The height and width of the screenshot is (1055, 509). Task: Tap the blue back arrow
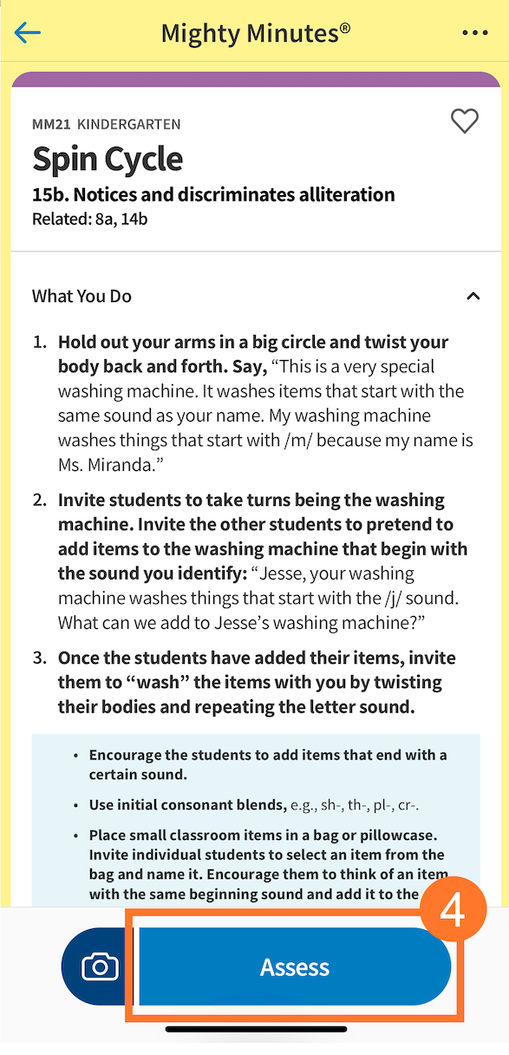point(28,33)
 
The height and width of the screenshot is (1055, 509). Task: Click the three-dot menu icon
point(474,33)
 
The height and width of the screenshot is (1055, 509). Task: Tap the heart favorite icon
point(465,121)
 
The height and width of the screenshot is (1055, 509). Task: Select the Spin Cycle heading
point(108,160)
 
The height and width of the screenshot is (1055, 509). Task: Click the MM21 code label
point(51,125)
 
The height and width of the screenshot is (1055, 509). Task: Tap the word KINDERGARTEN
point(129,125)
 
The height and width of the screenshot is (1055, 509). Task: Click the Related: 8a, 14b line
point(89,219)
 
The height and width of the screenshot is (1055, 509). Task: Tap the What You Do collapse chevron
point(473,297)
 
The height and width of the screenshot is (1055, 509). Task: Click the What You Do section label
point(82,297)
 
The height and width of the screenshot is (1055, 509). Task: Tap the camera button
point(99,967)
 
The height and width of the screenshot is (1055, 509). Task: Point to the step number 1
point(39,343)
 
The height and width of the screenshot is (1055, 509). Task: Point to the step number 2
point(39,501)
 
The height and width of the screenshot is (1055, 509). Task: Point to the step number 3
point(39,659)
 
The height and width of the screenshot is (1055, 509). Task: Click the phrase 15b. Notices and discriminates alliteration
point(213,194)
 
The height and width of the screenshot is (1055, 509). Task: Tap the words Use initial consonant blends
point(187,805)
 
